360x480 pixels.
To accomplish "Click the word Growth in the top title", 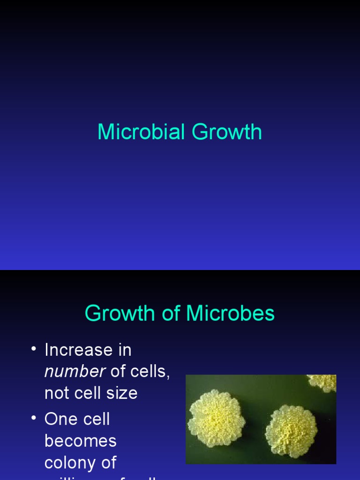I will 227,132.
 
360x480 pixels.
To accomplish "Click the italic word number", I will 75,371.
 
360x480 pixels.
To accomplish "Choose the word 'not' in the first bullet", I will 57,393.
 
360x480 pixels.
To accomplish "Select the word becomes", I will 80,441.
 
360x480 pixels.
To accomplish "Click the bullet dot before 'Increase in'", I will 33,349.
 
